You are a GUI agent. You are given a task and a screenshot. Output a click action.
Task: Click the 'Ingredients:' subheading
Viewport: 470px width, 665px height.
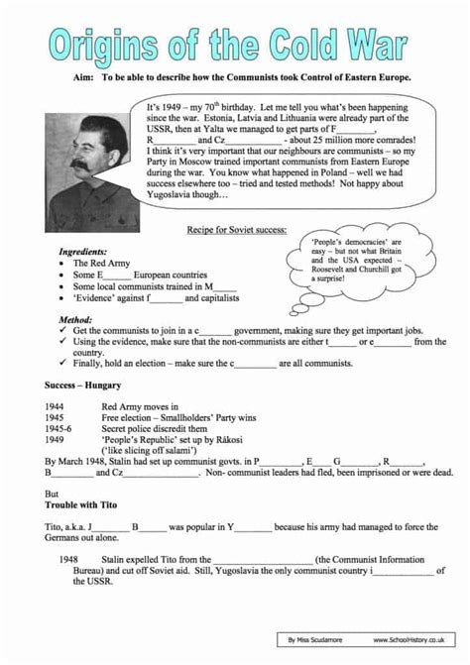83,252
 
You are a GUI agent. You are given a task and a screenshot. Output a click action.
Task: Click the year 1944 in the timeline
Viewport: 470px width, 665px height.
57,405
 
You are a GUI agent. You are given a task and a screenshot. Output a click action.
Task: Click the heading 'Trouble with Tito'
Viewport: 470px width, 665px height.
88,503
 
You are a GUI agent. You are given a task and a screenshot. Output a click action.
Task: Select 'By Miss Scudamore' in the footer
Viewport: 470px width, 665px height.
320,642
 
